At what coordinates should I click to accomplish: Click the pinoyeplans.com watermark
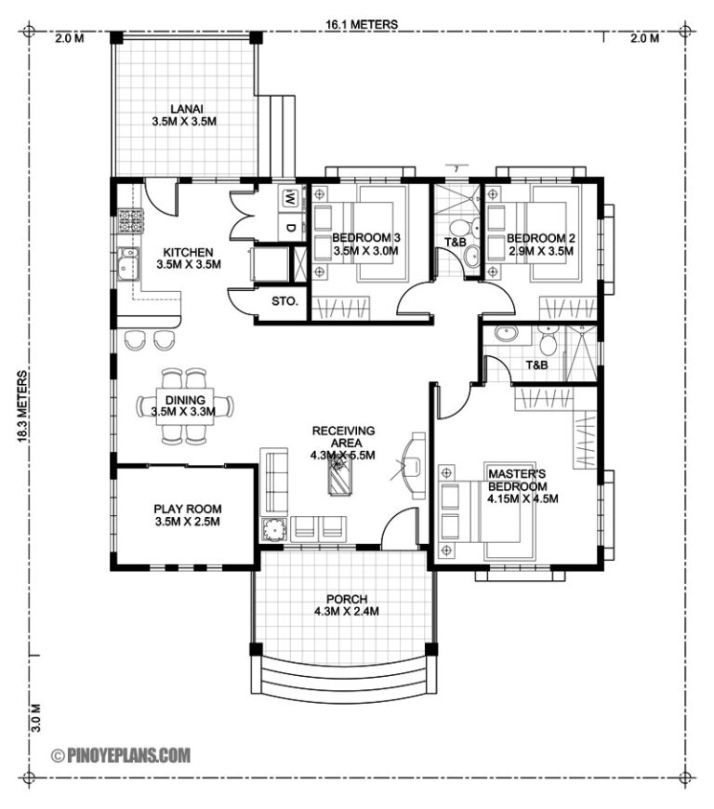pos(122,756)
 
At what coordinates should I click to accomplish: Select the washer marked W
pos(289,198)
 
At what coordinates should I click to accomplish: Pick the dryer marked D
pos(289,228)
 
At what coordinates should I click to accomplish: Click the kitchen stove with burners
pos(129,221)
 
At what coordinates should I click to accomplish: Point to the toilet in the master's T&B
pos(548,345)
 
